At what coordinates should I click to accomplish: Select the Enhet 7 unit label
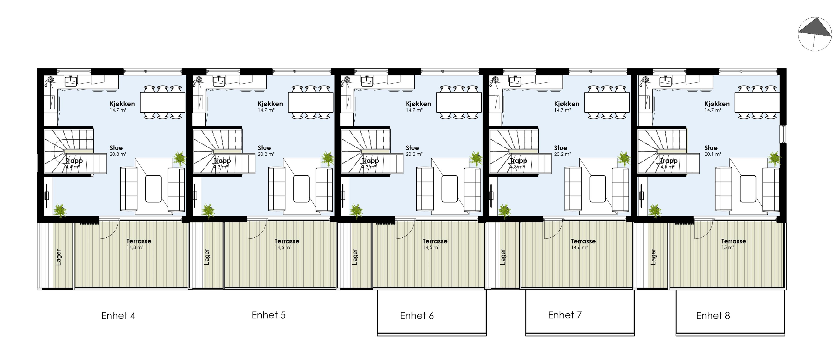565,315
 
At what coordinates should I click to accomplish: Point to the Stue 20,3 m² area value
118,154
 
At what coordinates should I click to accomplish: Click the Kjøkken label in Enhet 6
418,104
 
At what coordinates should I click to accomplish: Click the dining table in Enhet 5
311,103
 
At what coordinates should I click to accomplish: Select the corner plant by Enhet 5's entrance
208,211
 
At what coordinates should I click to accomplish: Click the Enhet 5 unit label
269,315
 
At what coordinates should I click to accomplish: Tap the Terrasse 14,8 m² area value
135,247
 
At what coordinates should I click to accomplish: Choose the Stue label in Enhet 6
412,148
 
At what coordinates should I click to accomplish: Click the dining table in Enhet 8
757,103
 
